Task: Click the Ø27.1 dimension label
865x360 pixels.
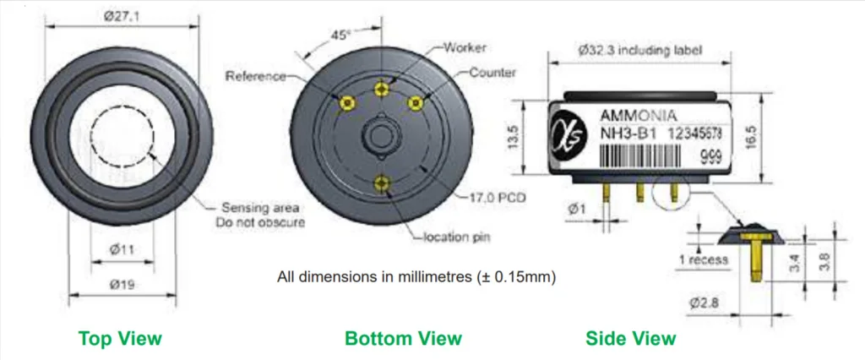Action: [122, 17]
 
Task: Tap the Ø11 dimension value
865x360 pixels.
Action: [122, 249]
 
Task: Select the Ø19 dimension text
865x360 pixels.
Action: [122, 285]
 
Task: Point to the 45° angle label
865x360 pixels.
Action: [340, 35]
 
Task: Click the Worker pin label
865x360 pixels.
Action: [465, 47]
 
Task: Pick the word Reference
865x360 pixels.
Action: [255, 76]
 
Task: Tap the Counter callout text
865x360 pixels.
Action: [492, 73]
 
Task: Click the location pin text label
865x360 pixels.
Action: [456, 237]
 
